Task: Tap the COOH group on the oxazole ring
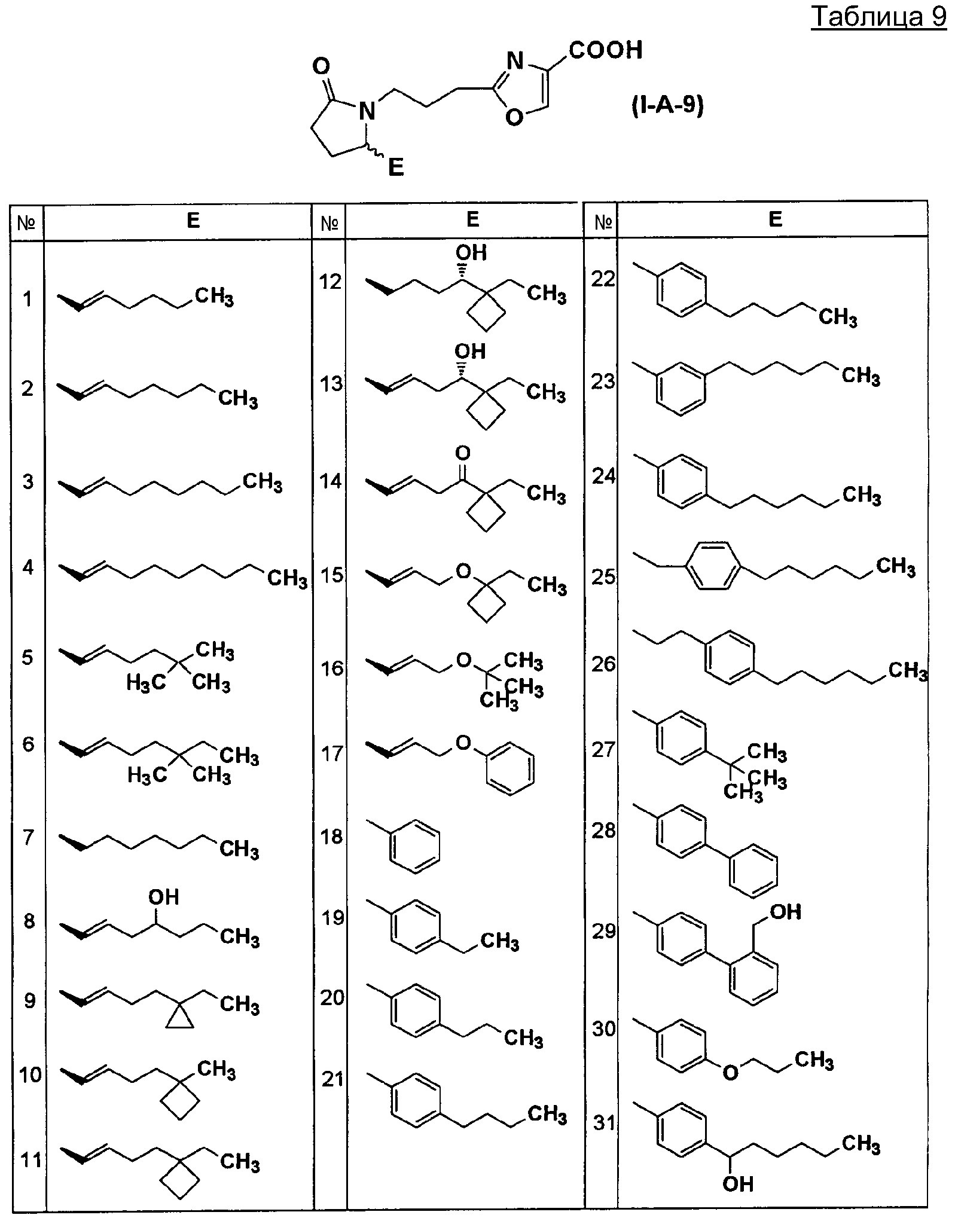point(606,50)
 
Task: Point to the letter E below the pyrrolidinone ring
point(395,167)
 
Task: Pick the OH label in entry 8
point(163,897)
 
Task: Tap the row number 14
point(329,481)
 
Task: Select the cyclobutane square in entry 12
point(486,312)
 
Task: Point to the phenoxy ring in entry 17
point(510,768)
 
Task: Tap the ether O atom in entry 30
point(730,1073)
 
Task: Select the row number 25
point(603,577)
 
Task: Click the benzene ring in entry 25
point(715,566)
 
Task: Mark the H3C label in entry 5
point(146,683)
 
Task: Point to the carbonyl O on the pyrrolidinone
point(322,66)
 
